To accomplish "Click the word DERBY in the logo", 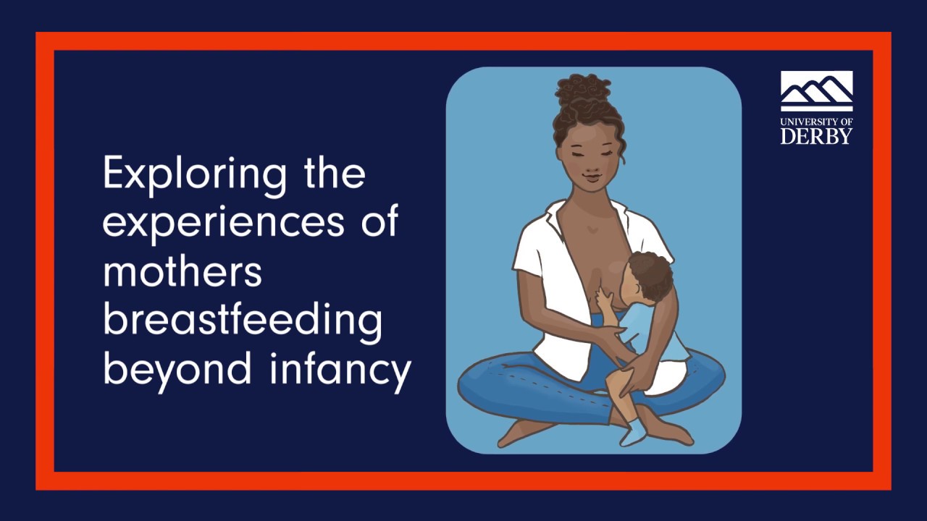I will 816,136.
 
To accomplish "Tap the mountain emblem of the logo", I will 816,92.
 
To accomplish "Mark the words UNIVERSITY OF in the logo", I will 816,122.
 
